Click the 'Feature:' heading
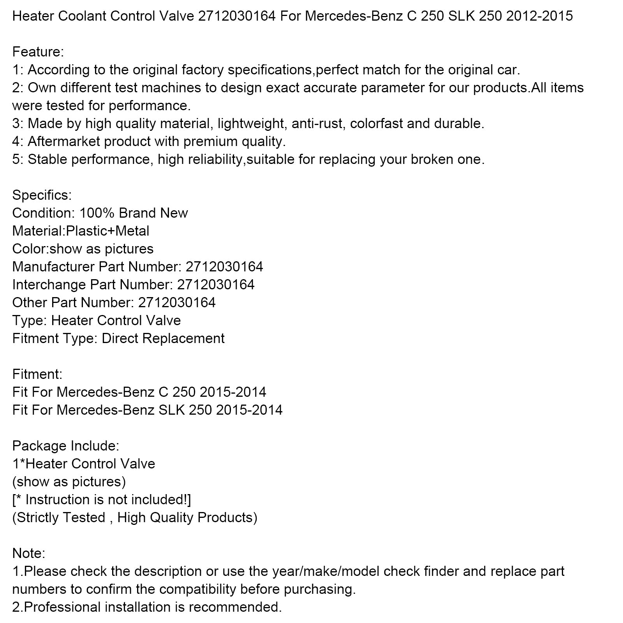pos(38,52)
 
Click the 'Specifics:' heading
pos(42,195)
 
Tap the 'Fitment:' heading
pos(37,374)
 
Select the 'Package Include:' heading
pos(66,446)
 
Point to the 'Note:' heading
pos(29,553)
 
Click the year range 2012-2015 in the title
pos(539,16)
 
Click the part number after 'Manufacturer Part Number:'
pos(224,267)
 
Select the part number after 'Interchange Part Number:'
pos(216,285)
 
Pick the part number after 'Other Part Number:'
pos(177,303)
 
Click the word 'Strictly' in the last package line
pos(42,517)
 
